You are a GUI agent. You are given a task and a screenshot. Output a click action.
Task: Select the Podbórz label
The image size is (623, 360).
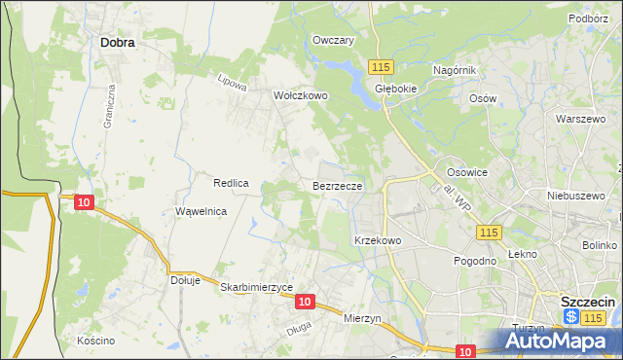click(588, 18)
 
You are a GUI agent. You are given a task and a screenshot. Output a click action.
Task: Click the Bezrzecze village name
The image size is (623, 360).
click(339, 185)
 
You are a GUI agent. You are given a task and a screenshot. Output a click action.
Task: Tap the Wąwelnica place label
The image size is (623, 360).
click(201, 211)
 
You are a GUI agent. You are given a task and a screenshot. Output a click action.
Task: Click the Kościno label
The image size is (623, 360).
click(96, 341)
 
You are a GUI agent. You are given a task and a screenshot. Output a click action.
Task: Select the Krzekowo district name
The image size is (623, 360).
click(378, 239)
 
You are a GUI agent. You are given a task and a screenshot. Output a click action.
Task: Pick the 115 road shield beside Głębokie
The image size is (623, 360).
click(380, 66)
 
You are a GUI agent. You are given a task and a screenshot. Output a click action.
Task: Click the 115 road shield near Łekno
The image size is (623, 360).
click(489, 232)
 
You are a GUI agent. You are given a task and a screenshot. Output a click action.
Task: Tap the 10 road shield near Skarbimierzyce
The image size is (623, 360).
click(305, 303)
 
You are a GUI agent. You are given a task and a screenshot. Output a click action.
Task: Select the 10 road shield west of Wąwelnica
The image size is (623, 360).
click(84, 201)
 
